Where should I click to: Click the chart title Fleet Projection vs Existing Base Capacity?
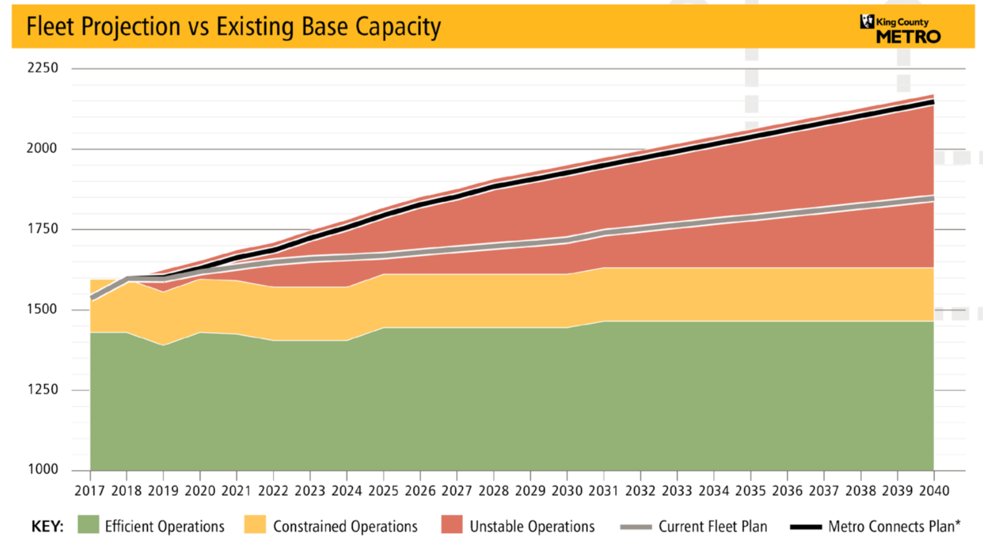tap(233, 27)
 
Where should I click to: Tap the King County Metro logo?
tap(900, 29)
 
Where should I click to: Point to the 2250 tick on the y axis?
tap(42, 68)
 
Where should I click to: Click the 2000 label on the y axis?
tap(42, 148)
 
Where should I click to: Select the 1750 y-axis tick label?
tap(42, 229)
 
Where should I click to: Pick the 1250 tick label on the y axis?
tap(42, 389)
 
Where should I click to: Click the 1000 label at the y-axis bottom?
tap(42, 469)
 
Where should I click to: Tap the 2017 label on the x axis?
tap(90, 491)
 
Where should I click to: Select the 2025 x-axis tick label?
tap(383, 491)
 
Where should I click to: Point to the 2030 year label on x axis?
tap(567, 491)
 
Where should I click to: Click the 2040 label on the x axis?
tap(934, 491)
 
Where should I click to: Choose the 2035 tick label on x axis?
tap(750, 491)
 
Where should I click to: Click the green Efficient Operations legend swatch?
tap(88, 525)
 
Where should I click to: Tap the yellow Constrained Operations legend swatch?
tap(255, 525)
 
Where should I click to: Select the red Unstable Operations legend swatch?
tap(452, 525)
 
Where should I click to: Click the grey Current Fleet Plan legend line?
tap(636, 527)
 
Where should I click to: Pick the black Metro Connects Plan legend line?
tap(806, 527)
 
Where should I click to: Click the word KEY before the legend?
tap(47, 526)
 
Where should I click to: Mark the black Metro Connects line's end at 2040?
tap(933, 102)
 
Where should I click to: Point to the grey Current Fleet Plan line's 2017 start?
tap(91, 298)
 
